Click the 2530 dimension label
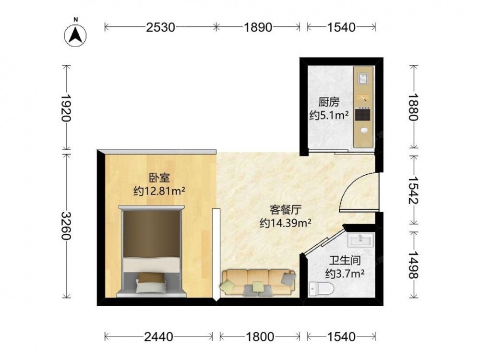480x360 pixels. click(160, 27)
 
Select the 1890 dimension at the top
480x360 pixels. click(258, 27)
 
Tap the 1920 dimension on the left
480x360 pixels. click(66, 108)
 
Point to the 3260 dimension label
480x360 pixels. click(66, 226)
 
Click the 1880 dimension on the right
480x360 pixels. click(413, 107)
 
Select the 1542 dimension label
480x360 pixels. click(413, 190)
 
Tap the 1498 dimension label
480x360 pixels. click(413, 265)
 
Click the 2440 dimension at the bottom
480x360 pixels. click(158, 337)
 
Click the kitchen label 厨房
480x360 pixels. click(329, 102)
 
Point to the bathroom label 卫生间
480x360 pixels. click(345, 260)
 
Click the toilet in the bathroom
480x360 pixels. click(321, 288)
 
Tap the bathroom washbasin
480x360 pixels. click(360, 240)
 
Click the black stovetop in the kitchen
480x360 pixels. click(362, 115)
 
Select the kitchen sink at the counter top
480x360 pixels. click(363, 79)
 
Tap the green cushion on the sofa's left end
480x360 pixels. click(227, 286)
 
